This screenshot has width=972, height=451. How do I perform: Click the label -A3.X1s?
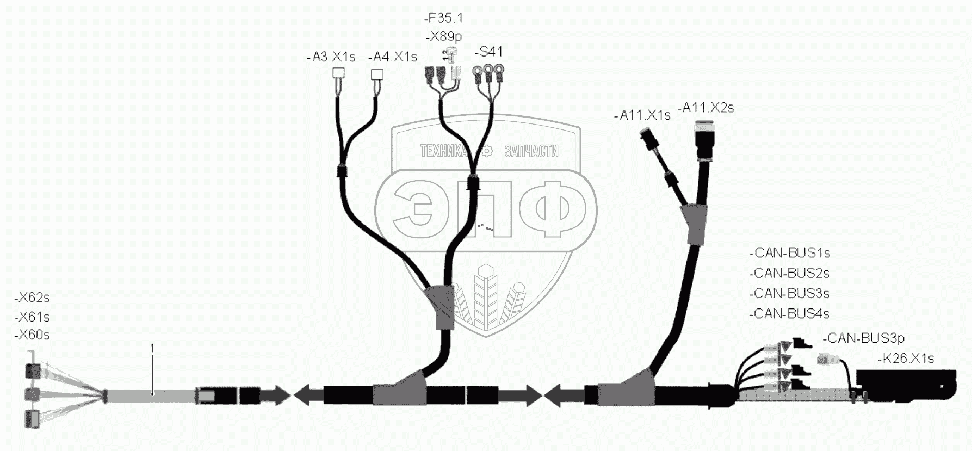(x=331, y=57)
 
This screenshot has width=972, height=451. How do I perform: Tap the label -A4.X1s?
(x=392, y=57)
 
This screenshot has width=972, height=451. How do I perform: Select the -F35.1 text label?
(x=443, y=18)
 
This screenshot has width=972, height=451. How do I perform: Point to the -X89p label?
(x=443, y=37)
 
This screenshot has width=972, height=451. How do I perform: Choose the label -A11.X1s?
(x=642, y=115)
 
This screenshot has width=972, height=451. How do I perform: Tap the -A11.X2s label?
(x=705, y=108)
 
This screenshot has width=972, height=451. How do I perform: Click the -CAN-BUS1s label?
(x=789, y=253)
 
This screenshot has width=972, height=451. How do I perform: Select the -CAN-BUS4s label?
(x=789, y=314)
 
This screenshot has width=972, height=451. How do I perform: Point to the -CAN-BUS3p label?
(x=863, y=338)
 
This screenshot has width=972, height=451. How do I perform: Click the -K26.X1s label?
(x=906, y=359)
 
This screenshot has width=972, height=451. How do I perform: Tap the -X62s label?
(x=32, y=298)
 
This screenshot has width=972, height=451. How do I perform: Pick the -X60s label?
(x=32, y=335)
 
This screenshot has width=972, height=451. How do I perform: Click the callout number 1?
(x=152, y=348)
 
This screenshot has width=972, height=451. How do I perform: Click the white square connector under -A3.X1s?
(x=339, y=73)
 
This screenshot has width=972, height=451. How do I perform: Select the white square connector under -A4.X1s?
(x=376, y=74)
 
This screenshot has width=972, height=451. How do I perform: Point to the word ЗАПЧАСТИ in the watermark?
(x=531, y=151)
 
